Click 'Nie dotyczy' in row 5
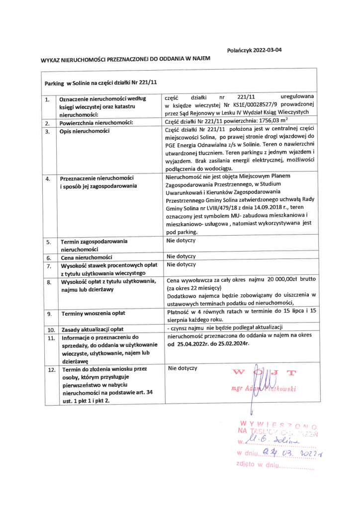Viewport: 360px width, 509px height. point(181,241)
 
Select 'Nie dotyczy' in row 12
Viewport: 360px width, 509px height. point(182,368)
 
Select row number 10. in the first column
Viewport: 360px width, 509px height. point(50,330)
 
